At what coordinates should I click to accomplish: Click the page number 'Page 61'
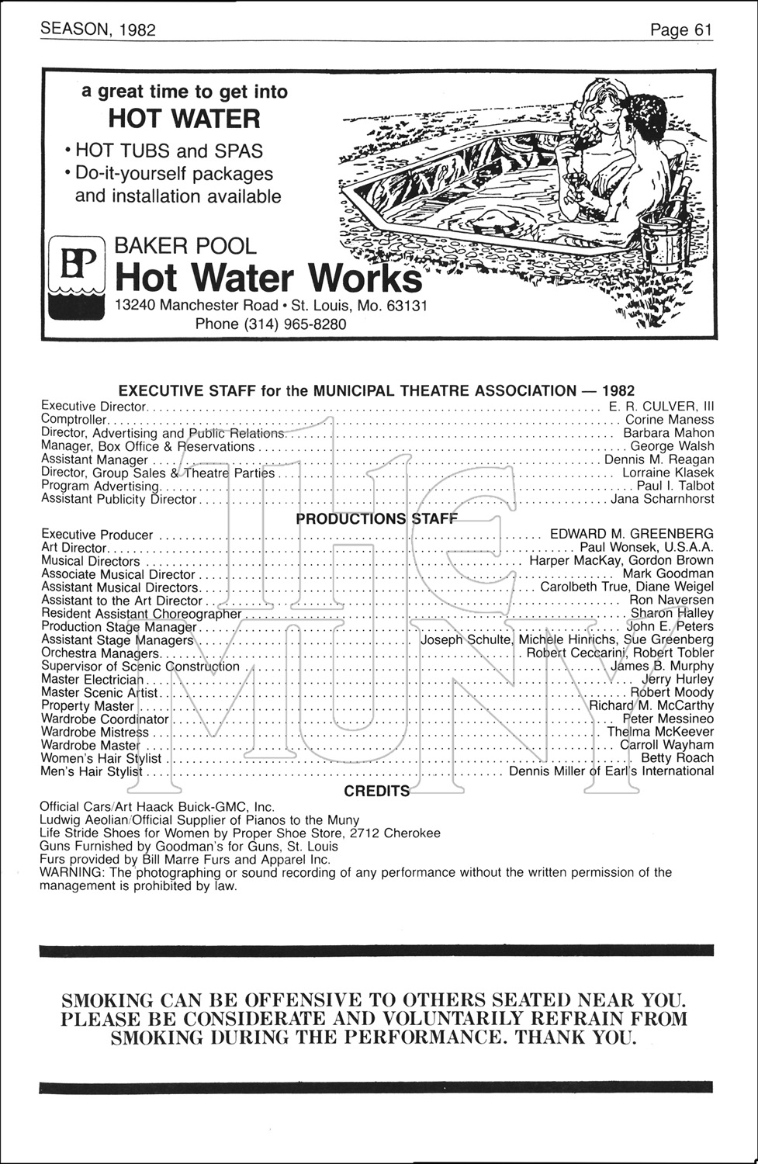pyautogui.click(x=680, y=29)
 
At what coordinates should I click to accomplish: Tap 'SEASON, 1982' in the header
pyautogui.click(x=98, y=29)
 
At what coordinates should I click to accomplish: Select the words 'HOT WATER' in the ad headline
pyautogui.click(x=184, y=119)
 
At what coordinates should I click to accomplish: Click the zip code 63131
pyautogui.click(x=407, y=305)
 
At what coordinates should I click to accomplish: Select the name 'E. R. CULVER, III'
pyautogui.click(x=661, y=406)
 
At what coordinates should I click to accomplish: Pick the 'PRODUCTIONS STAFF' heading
pyautogui.click(x=377, y=518)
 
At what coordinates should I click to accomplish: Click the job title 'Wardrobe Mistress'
pyautogui.click(x=94, y=732)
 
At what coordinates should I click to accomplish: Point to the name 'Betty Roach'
pyautogui.click(x=677, y=757)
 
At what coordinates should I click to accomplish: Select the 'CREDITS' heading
pyautogui.click(x=377, y=791)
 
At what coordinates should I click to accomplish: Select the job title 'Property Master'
pyautogui.click(x=87, y=705)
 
